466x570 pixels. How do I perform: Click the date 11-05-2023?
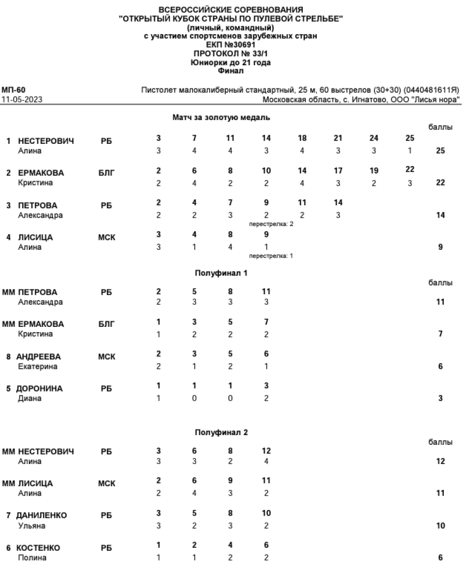[22, 99]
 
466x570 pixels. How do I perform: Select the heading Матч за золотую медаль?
[221, 118]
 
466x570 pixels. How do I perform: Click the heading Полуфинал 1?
[221, 273]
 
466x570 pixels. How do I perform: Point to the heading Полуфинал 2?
[221, 432]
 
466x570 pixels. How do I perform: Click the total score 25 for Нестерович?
[440, 151]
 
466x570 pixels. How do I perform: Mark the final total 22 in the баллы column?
[440, 183]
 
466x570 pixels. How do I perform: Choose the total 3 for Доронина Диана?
[440, 398]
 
